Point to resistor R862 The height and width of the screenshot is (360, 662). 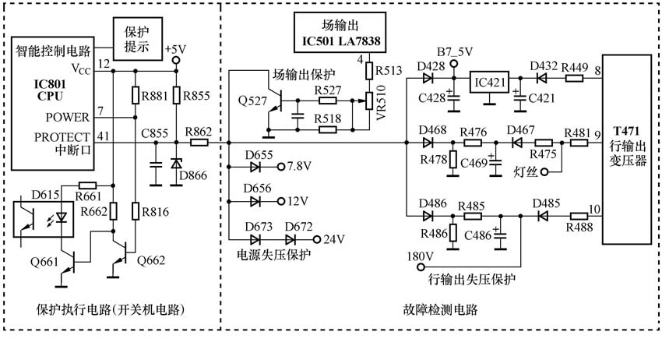(x=199, y=143)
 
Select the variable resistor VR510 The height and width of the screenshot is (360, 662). (x=371, y=101)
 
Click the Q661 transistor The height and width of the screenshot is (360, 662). (x=71, y=261)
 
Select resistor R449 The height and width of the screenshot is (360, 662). (x=576, y=78)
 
